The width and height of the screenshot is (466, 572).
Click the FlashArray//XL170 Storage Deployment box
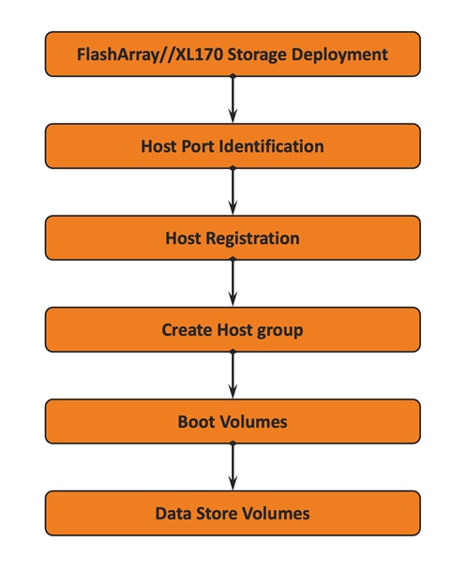233,54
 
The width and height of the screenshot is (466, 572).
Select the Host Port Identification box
233,146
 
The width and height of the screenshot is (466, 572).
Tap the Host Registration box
233,238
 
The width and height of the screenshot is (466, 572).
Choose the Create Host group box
233,330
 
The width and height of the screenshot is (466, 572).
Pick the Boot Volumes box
233,422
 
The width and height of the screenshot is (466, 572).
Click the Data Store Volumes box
233,514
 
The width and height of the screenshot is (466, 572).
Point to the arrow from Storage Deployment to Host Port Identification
233,100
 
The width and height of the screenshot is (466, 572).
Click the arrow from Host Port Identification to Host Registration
233,192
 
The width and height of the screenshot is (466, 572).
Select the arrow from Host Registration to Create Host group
233,284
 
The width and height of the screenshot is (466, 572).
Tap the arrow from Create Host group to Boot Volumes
233,376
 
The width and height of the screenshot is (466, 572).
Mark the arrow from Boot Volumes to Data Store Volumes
233,468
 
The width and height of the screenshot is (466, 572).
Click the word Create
186,330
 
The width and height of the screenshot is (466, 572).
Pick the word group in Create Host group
281,330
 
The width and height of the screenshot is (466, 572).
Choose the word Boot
196,422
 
